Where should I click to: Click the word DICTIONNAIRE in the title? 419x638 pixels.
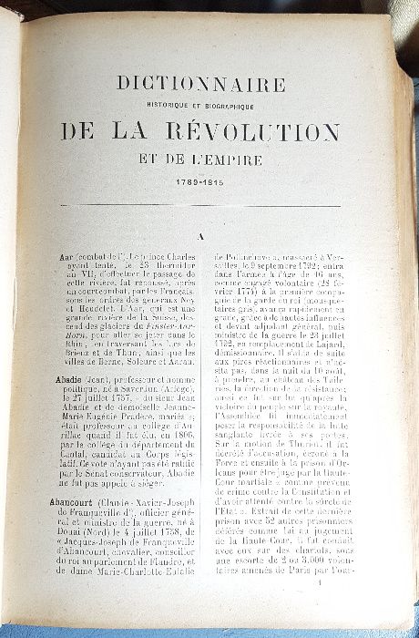pyautogui.click(x=201, y=84)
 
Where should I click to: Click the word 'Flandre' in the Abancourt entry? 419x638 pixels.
pyautogui.click(x=161, y=576)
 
